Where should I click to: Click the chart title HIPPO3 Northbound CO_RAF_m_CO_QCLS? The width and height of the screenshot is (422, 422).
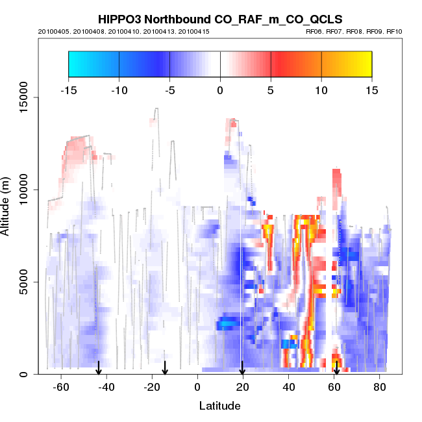pyautogui.click(x=219, y=19)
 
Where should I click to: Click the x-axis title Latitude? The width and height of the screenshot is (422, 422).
pyautogui.click(x=219, y=406)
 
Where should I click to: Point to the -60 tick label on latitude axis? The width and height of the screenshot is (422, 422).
pyautogui.click(x=61, y=387)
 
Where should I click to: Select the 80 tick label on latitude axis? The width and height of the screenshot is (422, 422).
pyautogui.click(x=379, y=387)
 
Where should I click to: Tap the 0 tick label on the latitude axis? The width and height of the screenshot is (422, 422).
pyautogui.click(x=197, y=387)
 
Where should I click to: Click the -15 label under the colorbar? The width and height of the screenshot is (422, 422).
pyautogui.click(x=68, y=90)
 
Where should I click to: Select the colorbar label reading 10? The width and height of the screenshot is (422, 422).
pyautogui.click(x=321, y=90)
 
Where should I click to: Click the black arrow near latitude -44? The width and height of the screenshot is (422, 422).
pyautogui.click(x=99, y=368)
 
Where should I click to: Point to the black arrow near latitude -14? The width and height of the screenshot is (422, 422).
pyautogui.click(x=165, y=368)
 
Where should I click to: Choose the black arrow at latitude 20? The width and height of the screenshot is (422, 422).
pyautogui.click(x=242, y=368)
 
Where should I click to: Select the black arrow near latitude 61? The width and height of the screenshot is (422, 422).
pyautogui.click(x=336, y=368)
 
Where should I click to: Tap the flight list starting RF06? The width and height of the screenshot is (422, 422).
pyautogui.click(x=354, y=31)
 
